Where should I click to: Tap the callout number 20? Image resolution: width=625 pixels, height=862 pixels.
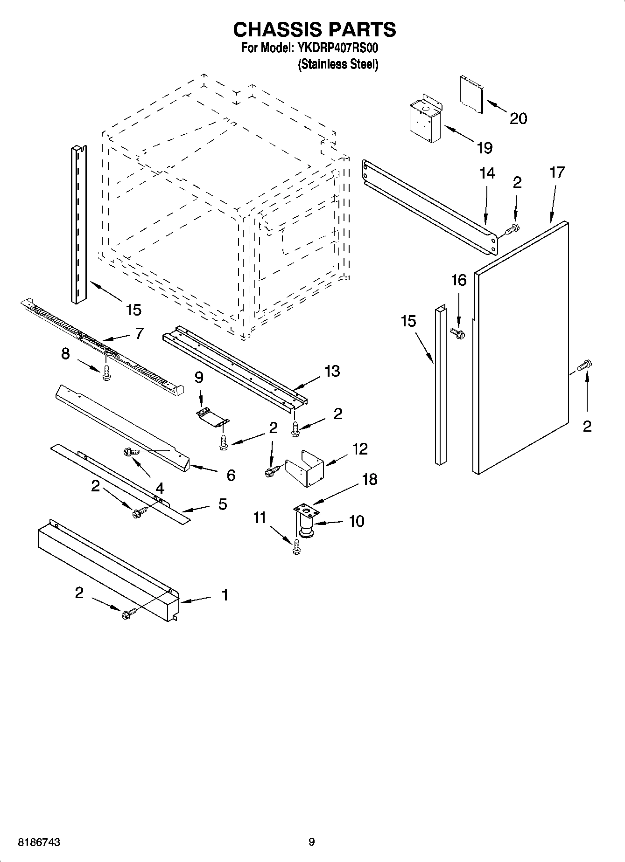pyautogui.click(x=518, y=118)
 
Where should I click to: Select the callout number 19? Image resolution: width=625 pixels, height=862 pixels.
pyautogui.click(x=485, y=148)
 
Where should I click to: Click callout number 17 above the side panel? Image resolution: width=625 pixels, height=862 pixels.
pyautogui.click(x=557, y=172)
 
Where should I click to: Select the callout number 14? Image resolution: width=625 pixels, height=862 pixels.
pyautogui.click(x=487, y=173)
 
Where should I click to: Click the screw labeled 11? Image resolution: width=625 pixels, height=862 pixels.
pyautogui.click(x=296, y=548)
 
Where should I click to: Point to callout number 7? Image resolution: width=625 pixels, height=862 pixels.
pyautogui.click(x=139, y=333)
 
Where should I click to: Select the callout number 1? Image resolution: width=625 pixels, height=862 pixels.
pyautogui.click(x=225, y=595)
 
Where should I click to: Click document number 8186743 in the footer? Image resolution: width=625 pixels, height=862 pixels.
pyautogui.click(x=39, y=842)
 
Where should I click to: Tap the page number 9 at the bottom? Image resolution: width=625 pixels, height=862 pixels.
pyautogui.click(x=311, y=842)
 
